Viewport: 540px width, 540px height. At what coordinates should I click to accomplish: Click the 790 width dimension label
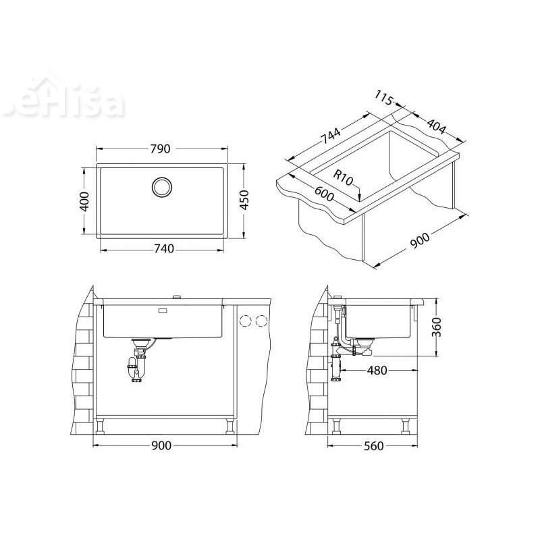(x=162, y=148)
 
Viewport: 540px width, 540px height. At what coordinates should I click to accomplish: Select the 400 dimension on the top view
(x=84, y=201)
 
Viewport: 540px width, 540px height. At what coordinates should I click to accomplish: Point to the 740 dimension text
(x=162, y=249)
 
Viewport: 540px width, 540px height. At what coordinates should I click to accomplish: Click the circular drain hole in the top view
(x=162, y=186)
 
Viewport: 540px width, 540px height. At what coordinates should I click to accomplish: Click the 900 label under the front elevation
(x=162, y=446)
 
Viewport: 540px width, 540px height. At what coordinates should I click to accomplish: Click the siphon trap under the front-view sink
(x=138, y=364)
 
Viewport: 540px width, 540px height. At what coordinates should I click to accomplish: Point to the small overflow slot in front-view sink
(x=163, y=311)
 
